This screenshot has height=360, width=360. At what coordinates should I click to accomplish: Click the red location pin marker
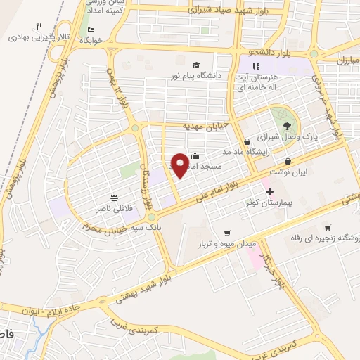(180, 165)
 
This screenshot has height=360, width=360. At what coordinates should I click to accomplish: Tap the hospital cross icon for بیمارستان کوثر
(269, 191)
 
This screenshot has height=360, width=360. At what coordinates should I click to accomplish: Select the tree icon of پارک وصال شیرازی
(281, 112)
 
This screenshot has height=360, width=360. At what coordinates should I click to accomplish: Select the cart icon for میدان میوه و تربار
(226, 233)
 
